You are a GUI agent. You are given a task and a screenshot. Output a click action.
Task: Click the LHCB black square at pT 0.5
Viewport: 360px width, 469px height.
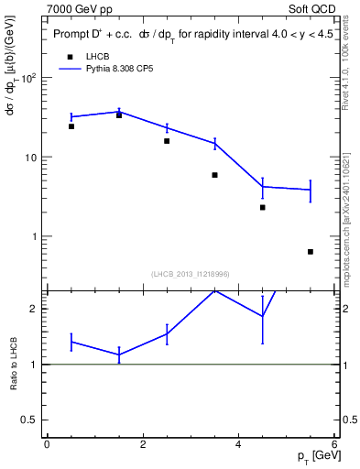click(x=71, y=126)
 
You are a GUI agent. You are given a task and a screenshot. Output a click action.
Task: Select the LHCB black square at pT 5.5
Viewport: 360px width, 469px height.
click(x=311, y=252)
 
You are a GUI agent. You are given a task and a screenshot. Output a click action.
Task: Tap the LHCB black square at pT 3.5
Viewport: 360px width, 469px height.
click(x=214, y=175)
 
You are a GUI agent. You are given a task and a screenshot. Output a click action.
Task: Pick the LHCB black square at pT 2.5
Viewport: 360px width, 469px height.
click(x=167, y=141)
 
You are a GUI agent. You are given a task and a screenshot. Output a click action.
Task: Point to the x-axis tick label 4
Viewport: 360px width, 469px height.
click(x=238, y=444)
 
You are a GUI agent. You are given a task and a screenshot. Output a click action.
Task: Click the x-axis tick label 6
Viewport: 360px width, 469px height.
click(x=334, y=444)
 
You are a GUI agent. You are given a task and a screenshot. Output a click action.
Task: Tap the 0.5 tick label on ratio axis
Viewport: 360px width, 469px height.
click(x=31, y=420)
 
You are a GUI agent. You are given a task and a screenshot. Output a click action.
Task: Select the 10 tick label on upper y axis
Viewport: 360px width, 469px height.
click(x=30, y=158)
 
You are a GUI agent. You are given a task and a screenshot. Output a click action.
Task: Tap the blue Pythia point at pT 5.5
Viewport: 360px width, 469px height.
click(x=311, y=190)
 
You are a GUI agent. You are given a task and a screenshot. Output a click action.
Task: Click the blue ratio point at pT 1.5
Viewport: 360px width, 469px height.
click(x=119, y=354)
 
